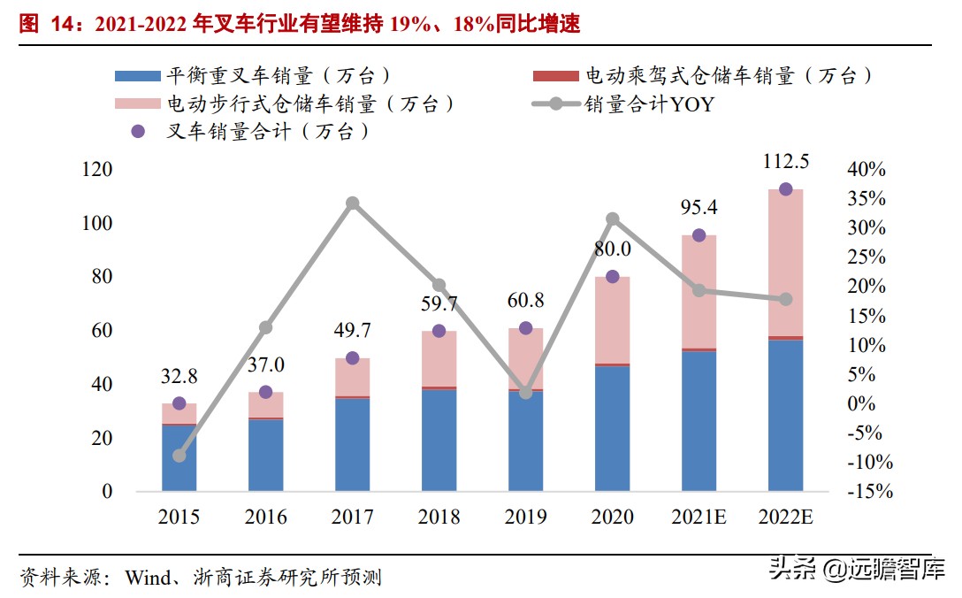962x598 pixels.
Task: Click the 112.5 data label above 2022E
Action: point(785,162)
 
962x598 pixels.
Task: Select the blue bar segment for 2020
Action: point(612,428)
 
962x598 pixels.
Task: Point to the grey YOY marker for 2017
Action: point(352,203)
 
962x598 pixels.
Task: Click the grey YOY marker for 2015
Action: point(179,456)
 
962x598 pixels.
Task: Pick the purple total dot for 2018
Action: point(439,331)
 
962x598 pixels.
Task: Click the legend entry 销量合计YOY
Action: point(648,104)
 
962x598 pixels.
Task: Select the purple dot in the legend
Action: point(137,132)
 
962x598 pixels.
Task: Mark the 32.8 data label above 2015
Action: point(179,375)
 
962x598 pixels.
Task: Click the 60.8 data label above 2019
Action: point(525,300)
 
